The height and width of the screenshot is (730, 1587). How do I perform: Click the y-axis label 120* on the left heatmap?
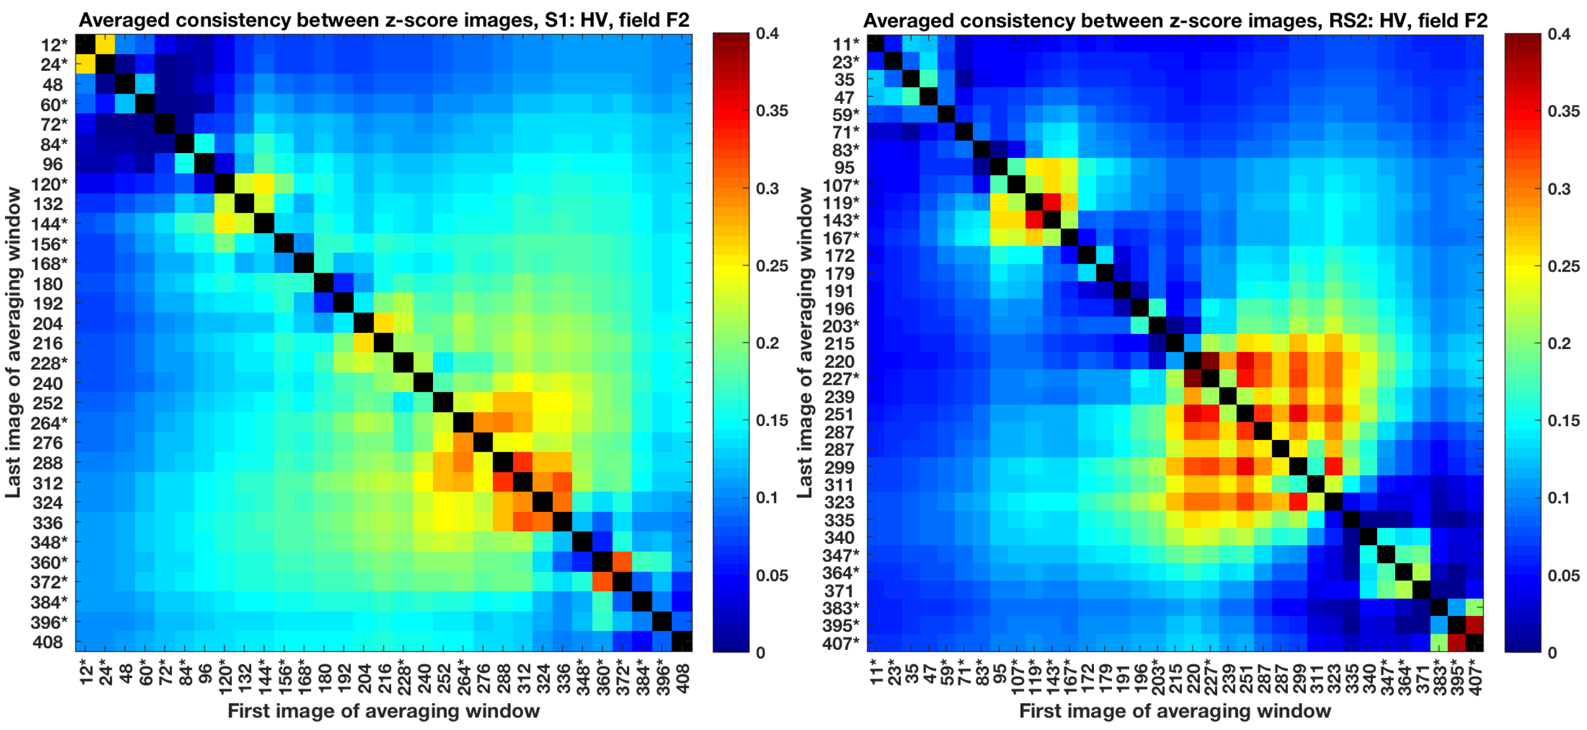(x=49, y=184)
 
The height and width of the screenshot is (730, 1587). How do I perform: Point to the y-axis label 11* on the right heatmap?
(x=845, y=44)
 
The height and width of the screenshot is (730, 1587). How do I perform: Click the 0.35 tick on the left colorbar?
(x=771, y=111)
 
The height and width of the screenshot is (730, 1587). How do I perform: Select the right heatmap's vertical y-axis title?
(x=805, y=342)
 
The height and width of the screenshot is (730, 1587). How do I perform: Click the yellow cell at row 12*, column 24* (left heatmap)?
(x=105, y=44)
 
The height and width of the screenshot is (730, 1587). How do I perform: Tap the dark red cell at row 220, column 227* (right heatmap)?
(x=1210, y=361)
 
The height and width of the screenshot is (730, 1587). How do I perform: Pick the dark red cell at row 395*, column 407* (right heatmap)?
(x=1474, y=625)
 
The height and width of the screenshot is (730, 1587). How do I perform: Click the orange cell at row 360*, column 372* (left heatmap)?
(x=622, y=562)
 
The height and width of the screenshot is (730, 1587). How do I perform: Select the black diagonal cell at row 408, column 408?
(x=682, y=641)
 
